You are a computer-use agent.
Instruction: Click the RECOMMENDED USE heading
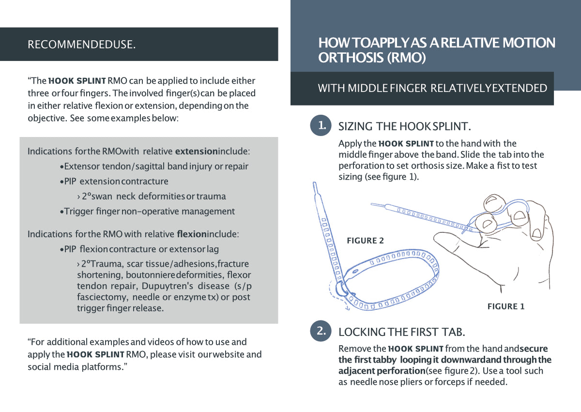pos(81,45)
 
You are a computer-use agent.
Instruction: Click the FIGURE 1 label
pos(505,306)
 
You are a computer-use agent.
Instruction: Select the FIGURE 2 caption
pos(365,241)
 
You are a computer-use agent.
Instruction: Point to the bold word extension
pos(196,152)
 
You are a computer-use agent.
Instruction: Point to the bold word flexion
pos(192,234)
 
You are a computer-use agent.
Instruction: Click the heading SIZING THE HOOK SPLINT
pos(404,127)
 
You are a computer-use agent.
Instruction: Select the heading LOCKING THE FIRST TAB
pos(401,332)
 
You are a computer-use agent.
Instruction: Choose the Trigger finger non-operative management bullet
pos(148,212)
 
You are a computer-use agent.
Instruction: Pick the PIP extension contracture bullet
pos(115,182)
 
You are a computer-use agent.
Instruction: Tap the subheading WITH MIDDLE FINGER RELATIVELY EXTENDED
pos(432,88)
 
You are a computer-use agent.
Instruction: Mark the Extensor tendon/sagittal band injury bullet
pos(155,167)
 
